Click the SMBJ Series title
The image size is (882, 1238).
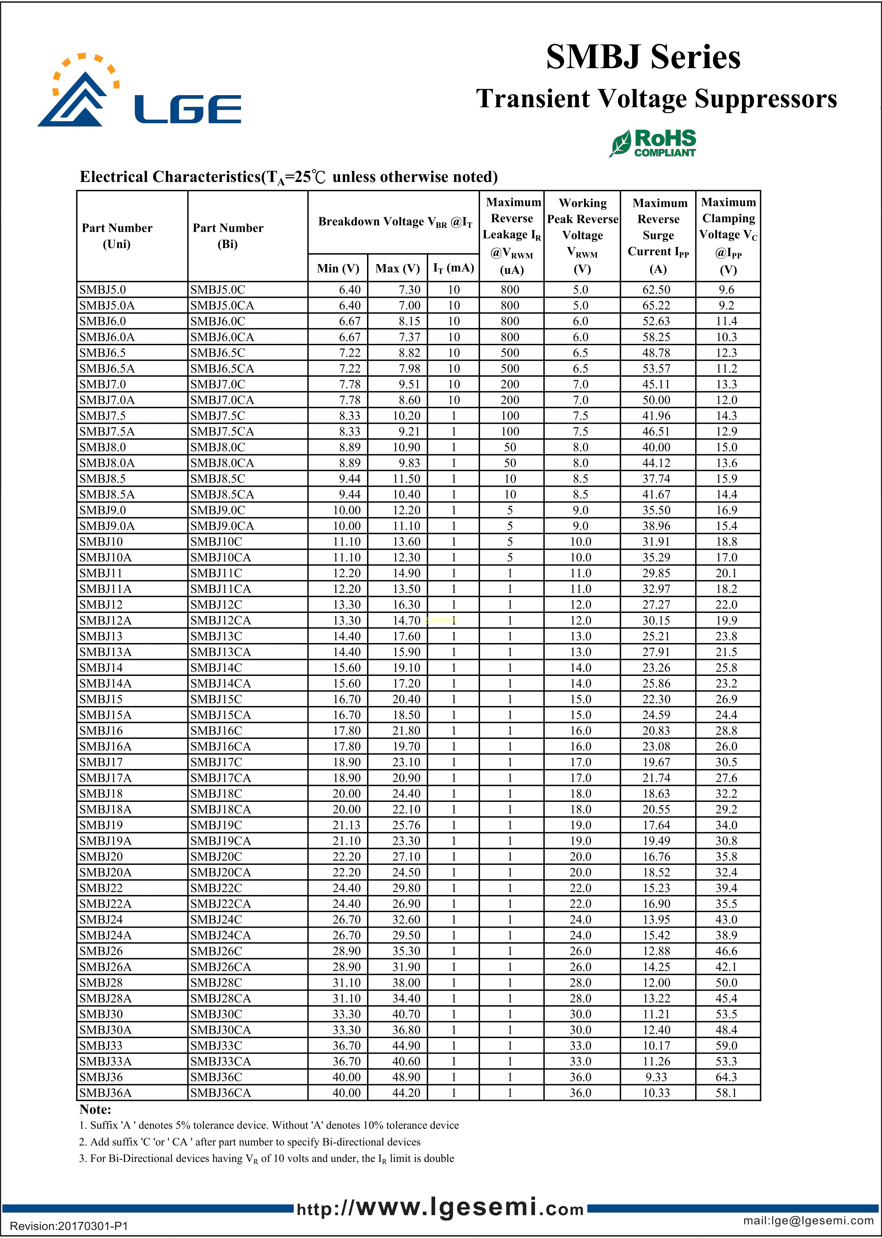pyautogui.click(x=643, y=57)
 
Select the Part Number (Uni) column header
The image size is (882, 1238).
pyautogui.click(x=117, y=236)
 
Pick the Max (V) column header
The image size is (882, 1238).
pyautogui.click(x=397, y=268)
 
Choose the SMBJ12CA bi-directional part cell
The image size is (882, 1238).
pyautogui.click(x=220, y=620)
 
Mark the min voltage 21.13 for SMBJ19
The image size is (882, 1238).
pyautogui.click(x=347, y=825)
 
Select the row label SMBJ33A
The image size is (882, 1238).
pyautogui.click(x=105, y=1061)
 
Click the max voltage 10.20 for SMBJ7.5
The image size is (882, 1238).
pyautogui.click(x=406, y=416)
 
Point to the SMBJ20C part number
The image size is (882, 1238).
pyautogui.click(x=216, y=856)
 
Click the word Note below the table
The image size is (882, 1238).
pyautogui.click(x=95, y=1109)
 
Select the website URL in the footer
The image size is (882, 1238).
pyautogui.click(x=440, y=1208)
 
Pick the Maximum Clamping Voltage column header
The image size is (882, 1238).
pyautogui.click(x=728, y=236)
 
